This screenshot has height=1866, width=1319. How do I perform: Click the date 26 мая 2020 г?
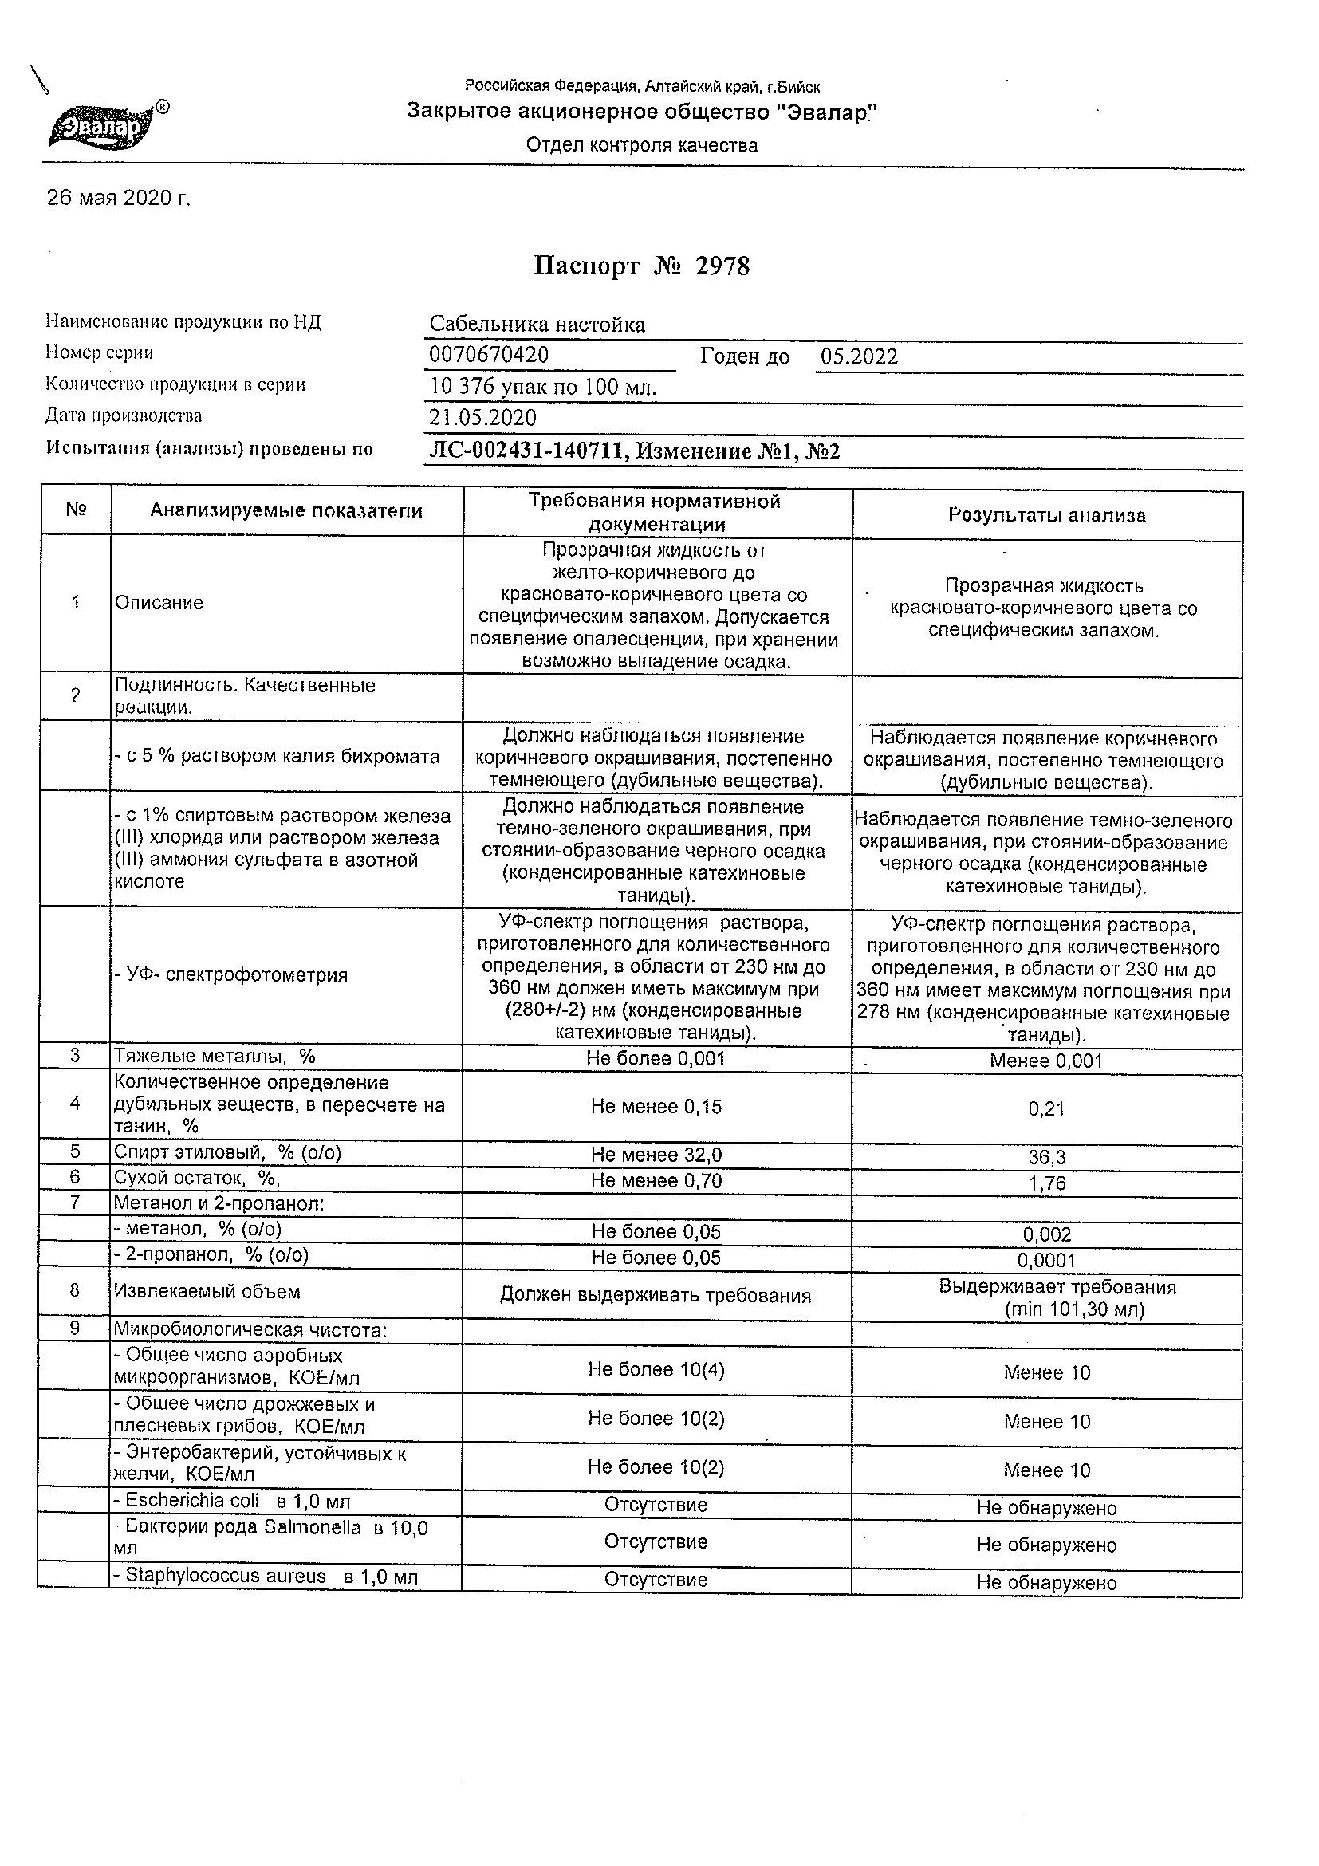point(119,199)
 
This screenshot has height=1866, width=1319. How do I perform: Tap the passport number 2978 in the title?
point(722,266)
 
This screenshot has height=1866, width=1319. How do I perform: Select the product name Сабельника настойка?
point(537,325)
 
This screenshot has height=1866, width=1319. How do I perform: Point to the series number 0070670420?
point(488,355)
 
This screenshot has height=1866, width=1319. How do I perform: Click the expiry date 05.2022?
point(859,356)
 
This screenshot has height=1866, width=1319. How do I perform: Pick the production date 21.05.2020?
point(482,418)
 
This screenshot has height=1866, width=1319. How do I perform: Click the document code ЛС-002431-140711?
point(527,452)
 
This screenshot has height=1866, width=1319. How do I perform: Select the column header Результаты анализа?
point(1047,515)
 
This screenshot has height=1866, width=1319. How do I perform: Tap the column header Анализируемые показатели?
point(286,511)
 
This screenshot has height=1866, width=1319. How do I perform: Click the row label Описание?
point(159,603)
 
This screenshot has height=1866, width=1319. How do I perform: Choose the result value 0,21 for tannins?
point(1046,1108)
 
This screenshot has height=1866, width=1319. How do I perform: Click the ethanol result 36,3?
point(1046,1157)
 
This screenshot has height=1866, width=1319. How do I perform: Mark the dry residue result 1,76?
point(1046,1183)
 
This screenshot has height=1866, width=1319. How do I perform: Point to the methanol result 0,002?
point(1047,1235)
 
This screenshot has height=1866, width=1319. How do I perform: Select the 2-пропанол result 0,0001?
point(1047,1261)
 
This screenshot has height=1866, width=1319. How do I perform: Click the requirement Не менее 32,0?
point(656,1155)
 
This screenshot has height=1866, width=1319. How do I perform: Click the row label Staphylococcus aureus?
point(219,1576)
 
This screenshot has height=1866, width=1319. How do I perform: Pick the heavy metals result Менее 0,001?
point(1046,1061)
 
